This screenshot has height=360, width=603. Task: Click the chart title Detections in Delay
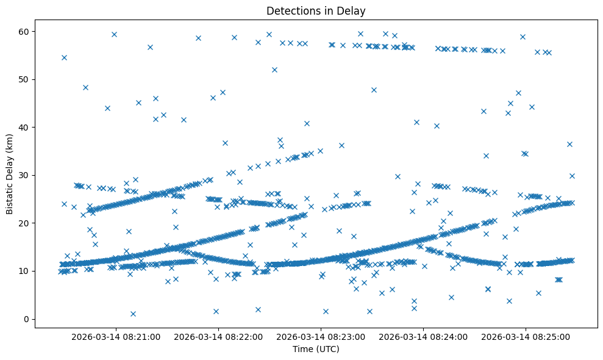coord(316,10)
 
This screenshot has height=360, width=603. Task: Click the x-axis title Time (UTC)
coord(316,349)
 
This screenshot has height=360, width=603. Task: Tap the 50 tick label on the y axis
coord(24,79)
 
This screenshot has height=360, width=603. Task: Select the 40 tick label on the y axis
coord(24,127)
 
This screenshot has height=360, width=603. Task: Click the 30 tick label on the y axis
coord(24,175)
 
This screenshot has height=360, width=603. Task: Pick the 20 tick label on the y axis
coord(24,223)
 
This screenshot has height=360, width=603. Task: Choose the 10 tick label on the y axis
coord(24,271)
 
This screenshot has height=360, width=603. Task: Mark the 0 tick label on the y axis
coord(26,319)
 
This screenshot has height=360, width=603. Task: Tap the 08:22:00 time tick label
coord(218,336)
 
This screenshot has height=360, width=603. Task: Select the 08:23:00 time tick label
coord(321,336)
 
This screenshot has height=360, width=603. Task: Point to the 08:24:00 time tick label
coord(423,336)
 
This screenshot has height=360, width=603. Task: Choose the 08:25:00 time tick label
coord(526,336)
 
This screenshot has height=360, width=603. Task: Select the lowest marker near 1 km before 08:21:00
coord(133,314)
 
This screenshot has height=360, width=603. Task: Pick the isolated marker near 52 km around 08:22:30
coord(274,70)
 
